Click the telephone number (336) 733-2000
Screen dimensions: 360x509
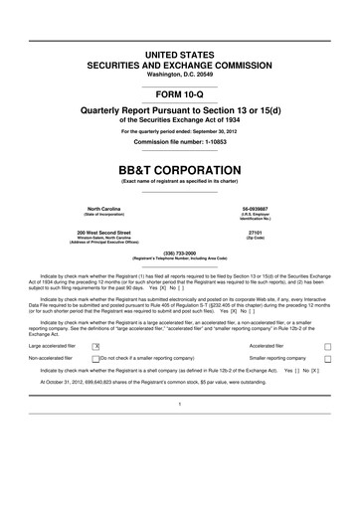tap(180, 253)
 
